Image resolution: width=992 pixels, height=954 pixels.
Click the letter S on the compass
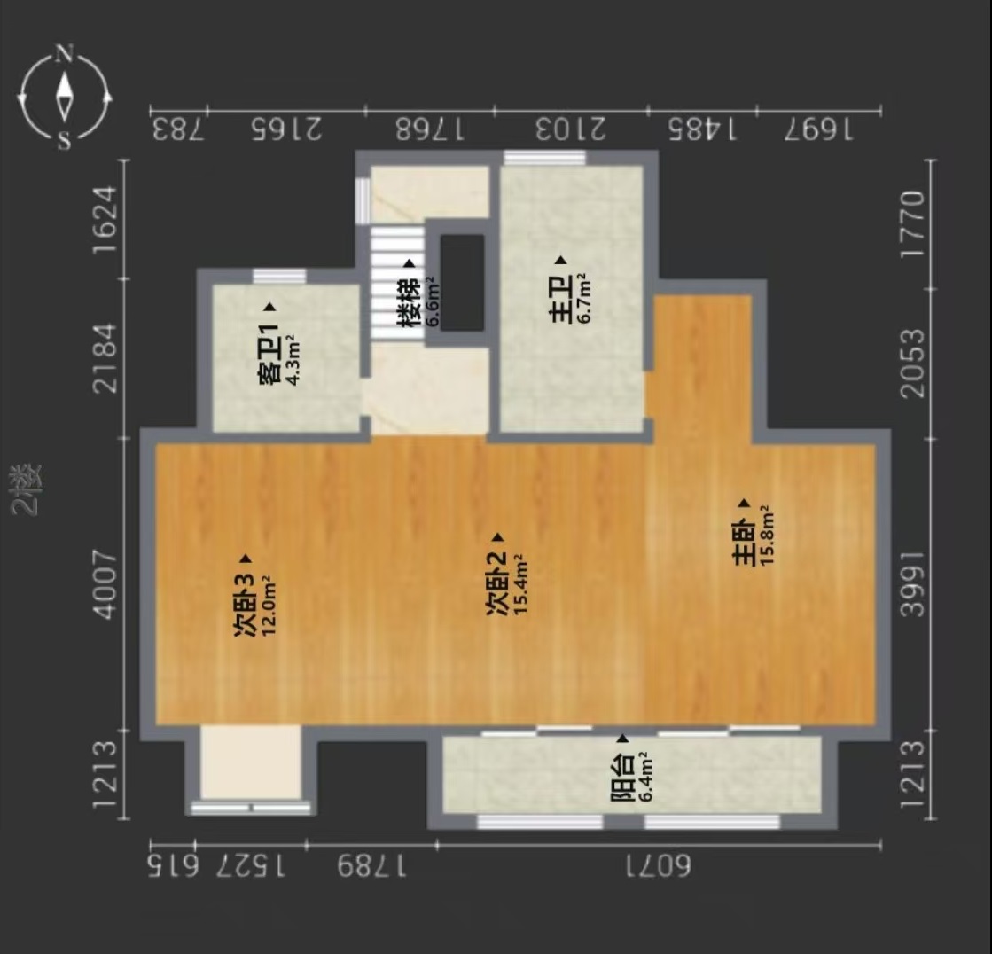tap(64, 140)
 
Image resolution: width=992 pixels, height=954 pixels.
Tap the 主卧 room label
tap(744, 543)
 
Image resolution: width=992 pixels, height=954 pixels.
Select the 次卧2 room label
tap(496, 583)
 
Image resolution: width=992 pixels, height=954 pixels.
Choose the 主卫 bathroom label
tap(562, 299)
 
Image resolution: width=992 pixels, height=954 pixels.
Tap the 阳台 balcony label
tap(622, 778)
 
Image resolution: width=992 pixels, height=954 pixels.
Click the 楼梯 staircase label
tap(410, 302)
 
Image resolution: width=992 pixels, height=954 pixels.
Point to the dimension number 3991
tap(912, 583)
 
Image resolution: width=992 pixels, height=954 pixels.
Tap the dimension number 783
tap(178, 129)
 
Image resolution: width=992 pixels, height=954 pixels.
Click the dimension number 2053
tap(912, 364)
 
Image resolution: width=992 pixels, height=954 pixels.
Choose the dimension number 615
tap(173, 866)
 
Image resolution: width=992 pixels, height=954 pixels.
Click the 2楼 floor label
tap(27, 489)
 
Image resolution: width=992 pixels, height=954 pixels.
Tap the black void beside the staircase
tap(463, 282)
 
